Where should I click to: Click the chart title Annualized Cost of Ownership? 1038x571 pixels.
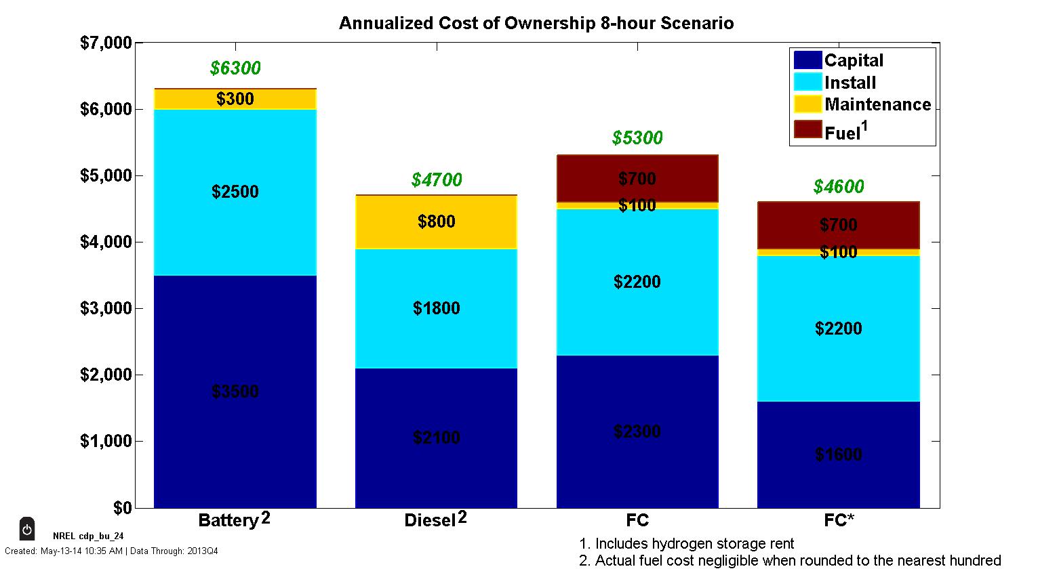click(x=536, y=23)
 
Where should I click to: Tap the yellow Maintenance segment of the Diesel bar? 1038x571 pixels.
click(x=436, y=221)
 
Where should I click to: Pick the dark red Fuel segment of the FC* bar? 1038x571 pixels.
click(x=839, y=225)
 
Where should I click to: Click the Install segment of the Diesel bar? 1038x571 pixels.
click(x=436, y=308)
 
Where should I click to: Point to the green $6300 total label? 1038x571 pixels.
click(x=235, y=68)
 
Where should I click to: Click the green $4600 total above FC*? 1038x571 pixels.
click(x=839, y=187)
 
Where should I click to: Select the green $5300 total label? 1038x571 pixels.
click(x=637, y=138)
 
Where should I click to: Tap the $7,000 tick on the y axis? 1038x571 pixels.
click(x=106, y=43)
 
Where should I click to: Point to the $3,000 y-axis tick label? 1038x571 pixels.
click(x=106, y=309)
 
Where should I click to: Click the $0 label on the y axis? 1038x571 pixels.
click(x=122, y=508)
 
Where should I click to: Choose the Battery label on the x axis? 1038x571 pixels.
click(x=228, y=520)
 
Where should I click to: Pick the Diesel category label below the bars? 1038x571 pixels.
click(x=430, y=520)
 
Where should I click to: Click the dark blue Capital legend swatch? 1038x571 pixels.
click(x=807, y=60)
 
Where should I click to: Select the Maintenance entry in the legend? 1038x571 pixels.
click(x=877, y=104)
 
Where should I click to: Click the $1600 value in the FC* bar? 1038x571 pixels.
click(x=839, y=454)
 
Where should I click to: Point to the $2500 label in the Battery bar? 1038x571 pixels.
click(x=235, y=192)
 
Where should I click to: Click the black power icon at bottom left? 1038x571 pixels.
click(x=26, y=529)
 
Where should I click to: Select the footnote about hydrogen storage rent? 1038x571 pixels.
click(x=686, y=544)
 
